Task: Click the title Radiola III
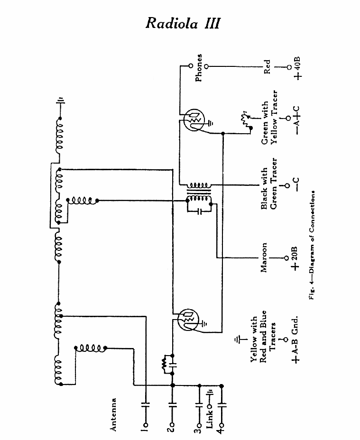pos(183,23)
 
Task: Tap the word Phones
pos(199,68)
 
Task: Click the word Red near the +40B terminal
pos(267,67)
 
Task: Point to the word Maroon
pos(263,257)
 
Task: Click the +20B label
pos(294,258)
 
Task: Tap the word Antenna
pos(112,414)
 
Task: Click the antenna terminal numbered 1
pos(145,425)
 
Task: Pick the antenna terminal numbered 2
pos(172,425)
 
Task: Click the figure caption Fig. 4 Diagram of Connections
pos(312,245)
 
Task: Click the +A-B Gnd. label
pos(295,339)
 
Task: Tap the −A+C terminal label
pos(297,120)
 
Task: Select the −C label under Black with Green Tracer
pos(296,184)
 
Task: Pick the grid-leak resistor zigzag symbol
pos(164,364)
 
